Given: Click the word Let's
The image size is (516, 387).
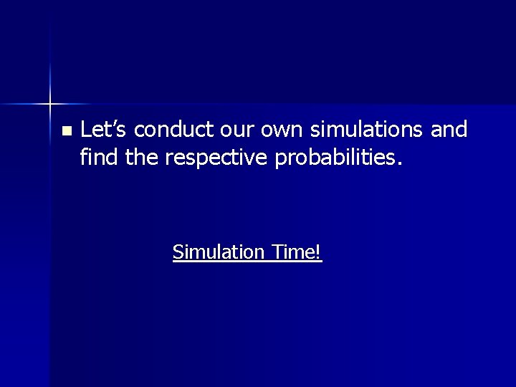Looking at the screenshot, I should pyautogui.click(x=104, y=129).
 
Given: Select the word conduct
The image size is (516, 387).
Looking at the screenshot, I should pyautogui.click(x=173, y=129).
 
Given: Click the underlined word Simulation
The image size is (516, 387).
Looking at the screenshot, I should pyautogui.click(x=219, y=252).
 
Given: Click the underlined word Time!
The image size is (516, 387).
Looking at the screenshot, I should pyautogui.click(x=297, y=252).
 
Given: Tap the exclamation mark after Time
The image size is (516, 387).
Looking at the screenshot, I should pyautogui.click(x=319, y=252).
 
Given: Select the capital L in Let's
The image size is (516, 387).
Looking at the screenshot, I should pyautogui.click(x=87, y=129).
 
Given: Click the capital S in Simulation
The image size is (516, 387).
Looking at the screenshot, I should pyautogui.click(x=178, y=252).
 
